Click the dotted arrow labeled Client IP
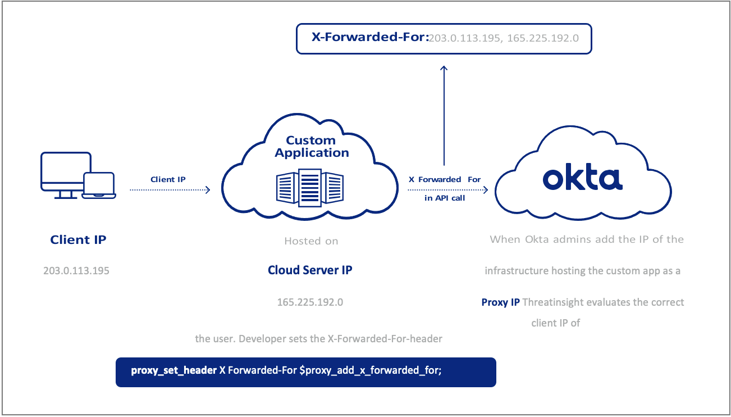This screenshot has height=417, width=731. coord(170,190)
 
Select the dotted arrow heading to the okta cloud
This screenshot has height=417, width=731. coord(447,190)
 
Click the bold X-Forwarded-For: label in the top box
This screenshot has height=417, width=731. coord(370,38)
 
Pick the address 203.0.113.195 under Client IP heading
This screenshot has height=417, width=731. coord(76,270)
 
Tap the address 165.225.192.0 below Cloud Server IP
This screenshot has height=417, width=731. coord(310,302)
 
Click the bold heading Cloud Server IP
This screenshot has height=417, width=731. coord(310,270)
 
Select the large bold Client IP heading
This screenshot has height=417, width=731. coord(78,239)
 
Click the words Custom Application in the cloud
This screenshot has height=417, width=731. coord(312,146)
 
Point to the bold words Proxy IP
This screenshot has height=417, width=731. coord(501,302)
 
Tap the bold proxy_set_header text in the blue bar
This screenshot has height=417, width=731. coord(173,371)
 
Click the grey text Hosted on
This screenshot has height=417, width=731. coord(311,241)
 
